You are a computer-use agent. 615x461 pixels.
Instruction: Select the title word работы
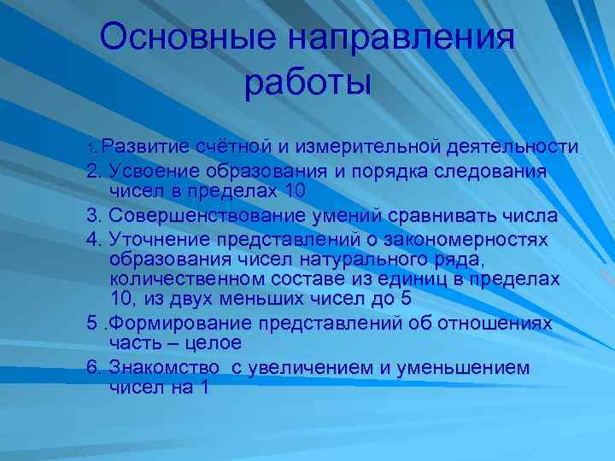coord(307,83)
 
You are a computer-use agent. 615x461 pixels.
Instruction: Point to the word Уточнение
coord(156,236)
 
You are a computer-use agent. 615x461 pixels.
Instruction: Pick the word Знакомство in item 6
coord(161,368)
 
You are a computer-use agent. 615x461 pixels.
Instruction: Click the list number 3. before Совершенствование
coord(95,214)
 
